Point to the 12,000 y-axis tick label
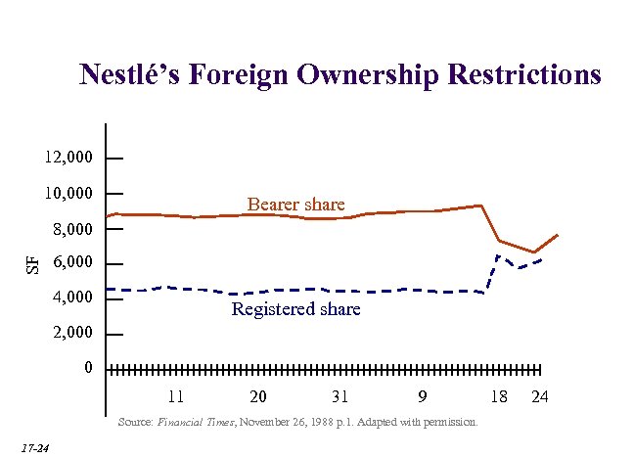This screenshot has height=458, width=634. tap(68, 158)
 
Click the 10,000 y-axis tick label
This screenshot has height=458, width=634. tap(68, 193)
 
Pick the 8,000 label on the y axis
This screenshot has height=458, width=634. tap(72, 229)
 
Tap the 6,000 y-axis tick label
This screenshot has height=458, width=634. tap(72, 263)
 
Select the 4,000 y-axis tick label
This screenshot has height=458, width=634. tap(72, 298)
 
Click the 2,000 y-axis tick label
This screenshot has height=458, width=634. tap(72, 334)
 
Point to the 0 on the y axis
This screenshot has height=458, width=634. tap(88, 369)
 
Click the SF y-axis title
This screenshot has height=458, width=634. tap(32, 262)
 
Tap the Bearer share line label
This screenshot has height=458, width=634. tap(295, 205)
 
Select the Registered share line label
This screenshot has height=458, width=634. tap(295, 309)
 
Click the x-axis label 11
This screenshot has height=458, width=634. tap(176, 396)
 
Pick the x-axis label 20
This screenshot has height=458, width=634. tap(258, 396)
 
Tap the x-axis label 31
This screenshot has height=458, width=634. tap(340, 396)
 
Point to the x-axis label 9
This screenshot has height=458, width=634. tap(422, 396)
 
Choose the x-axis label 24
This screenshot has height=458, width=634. tap(539, 396)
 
